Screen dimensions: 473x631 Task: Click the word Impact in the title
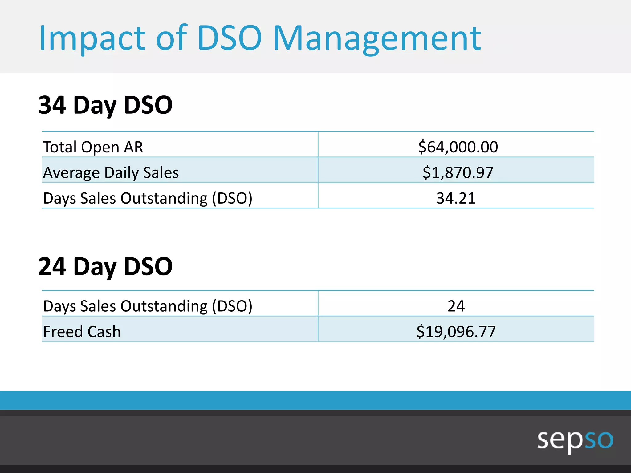tap(92, 38)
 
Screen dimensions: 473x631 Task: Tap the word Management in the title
tap(377, 38)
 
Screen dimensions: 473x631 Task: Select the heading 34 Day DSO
tap(105, 105)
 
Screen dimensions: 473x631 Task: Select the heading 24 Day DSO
tap(105, 267)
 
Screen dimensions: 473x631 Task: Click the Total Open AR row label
tap(93, 147)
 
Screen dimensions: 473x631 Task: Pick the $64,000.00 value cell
tap(458, 147)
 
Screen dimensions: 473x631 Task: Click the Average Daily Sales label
tap(111, 172)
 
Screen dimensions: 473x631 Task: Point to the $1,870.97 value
tap(458, 172)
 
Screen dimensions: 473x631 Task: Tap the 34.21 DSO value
tap(456, 198)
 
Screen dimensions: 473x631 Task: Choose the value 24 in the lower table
tap(456, 306)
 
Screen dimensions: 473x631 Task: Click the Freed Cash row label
tap(82, 332)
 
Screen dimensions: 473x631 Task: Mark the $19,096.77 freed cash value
tap(456, 332)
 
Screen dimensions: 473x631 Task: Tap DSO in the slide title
tap(230, 38)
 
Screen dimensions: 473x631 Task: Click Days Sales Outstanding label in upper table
tap(148, 198)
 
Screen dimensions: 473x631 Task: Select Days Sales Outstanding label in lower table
tap(148, 306)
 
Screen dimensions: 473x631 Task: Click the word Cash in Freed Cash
tap(104, 332)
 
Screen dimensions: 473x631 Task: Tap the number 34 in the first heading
tap(52, 105)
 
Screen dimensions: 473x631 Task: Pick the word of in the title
tap(172, 38)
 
